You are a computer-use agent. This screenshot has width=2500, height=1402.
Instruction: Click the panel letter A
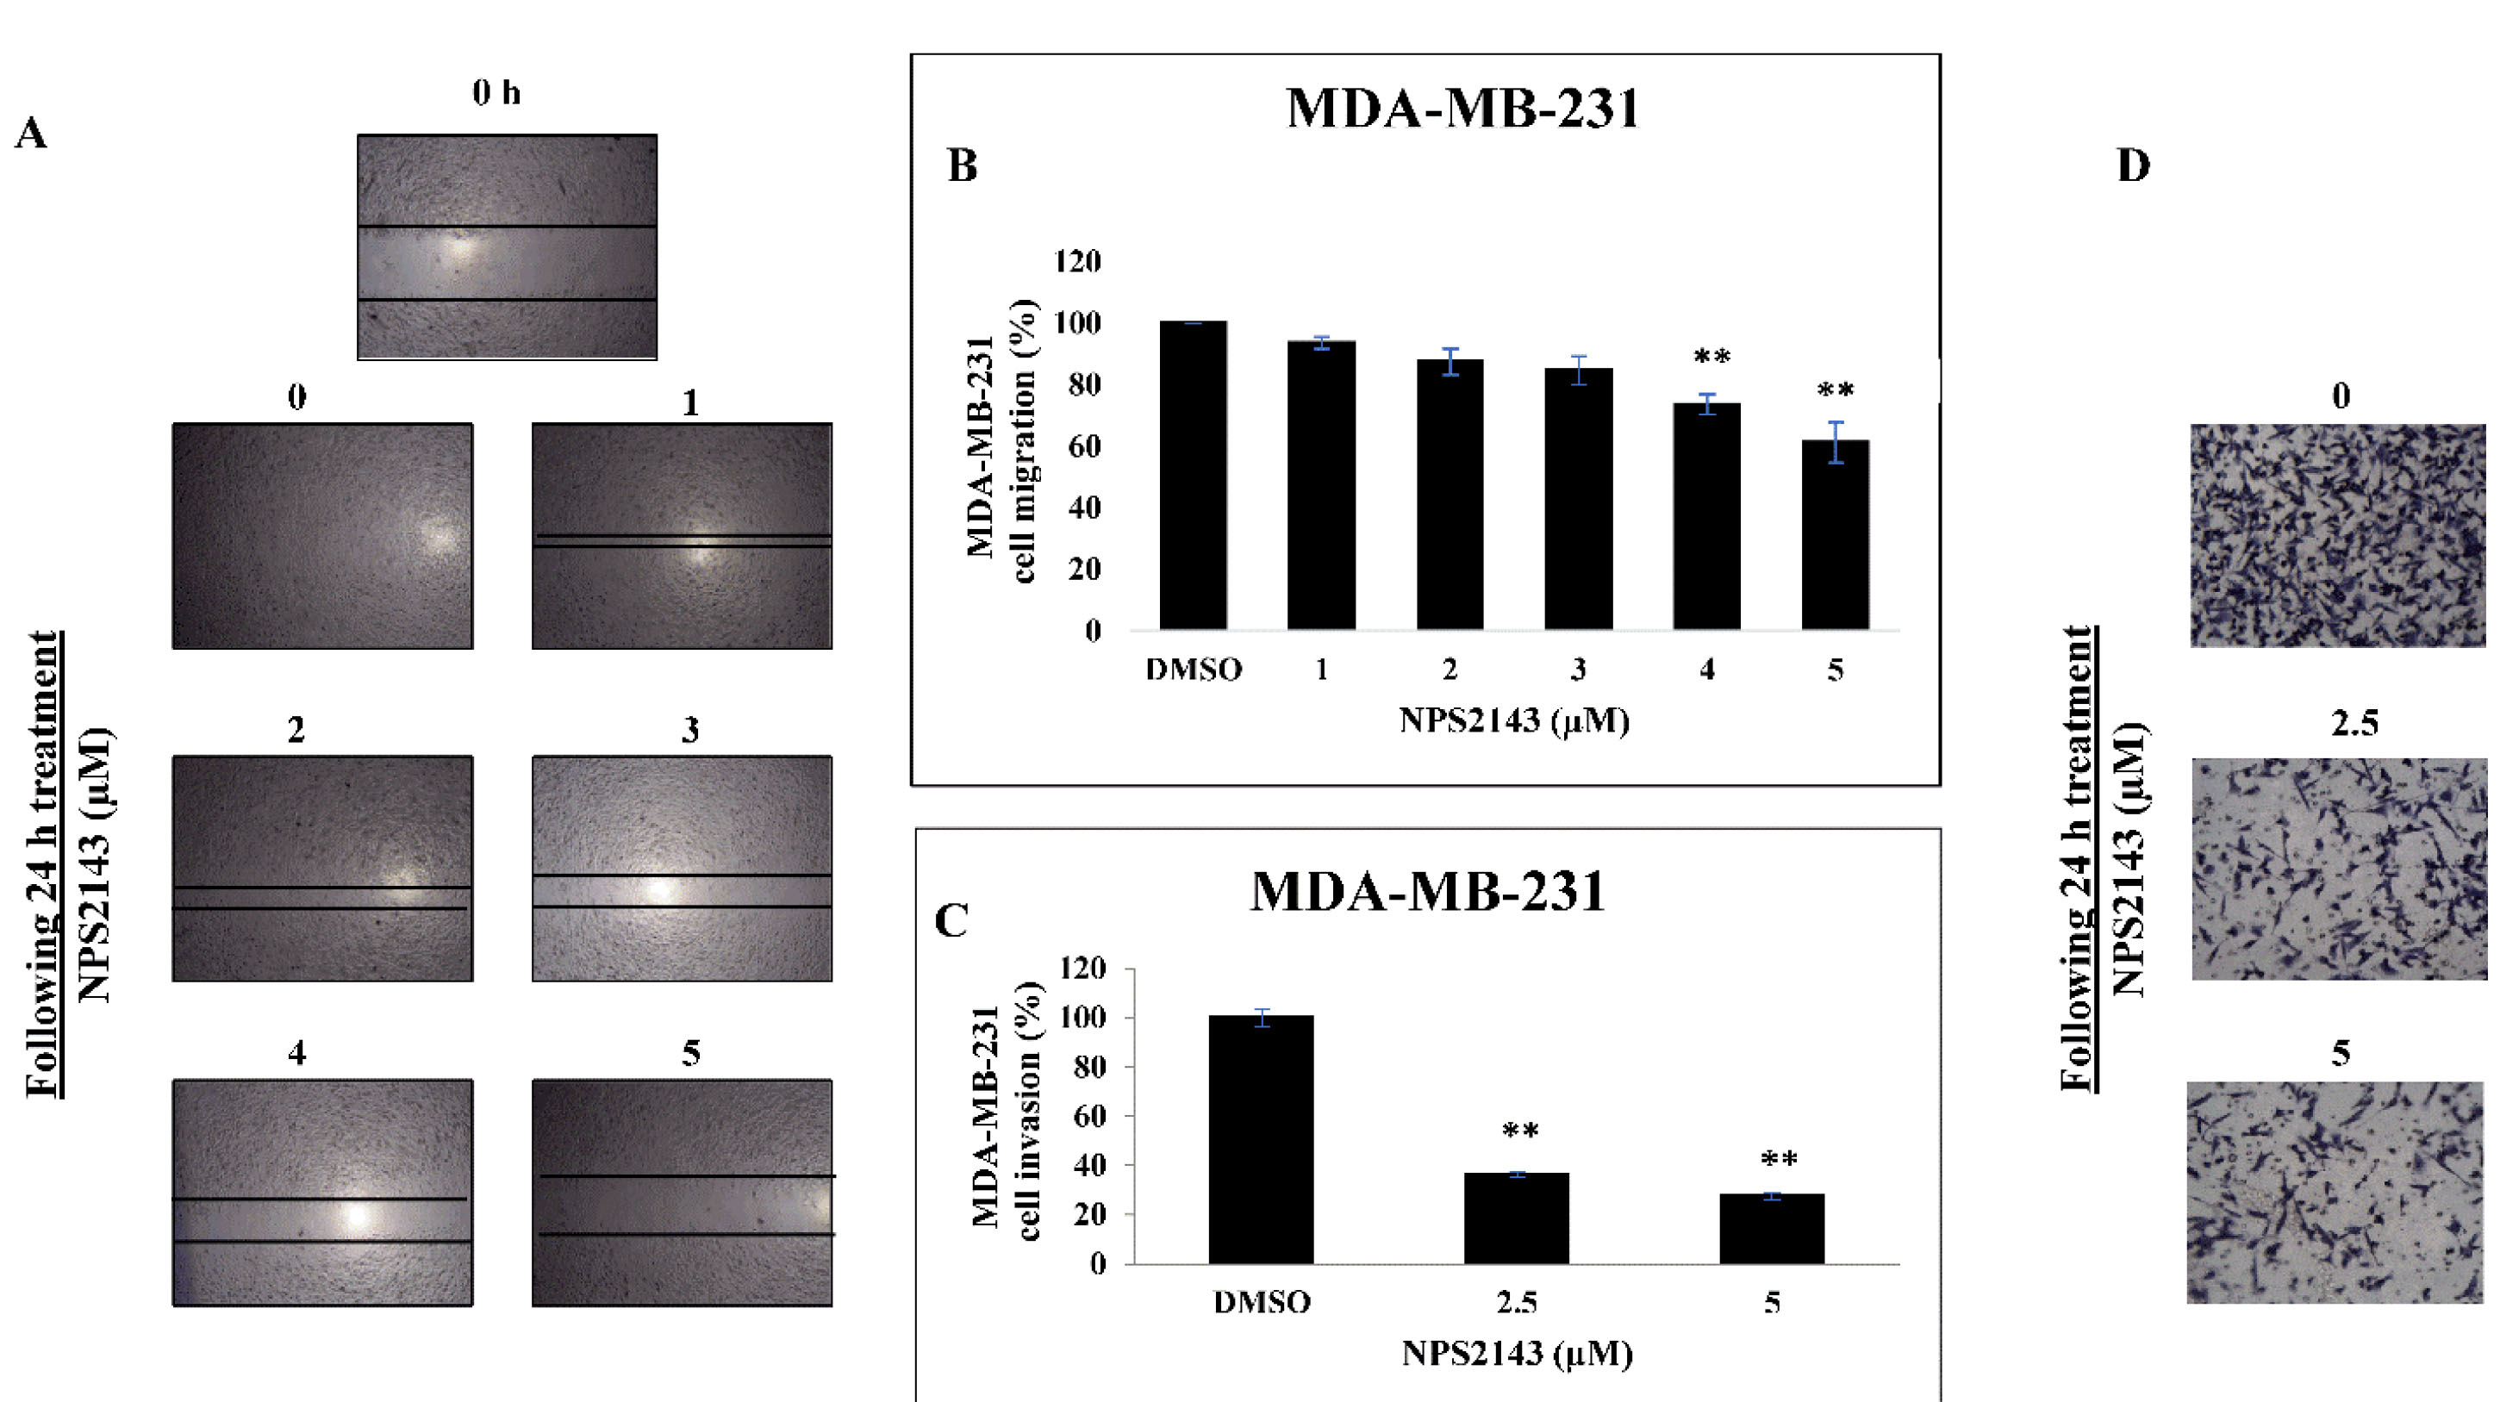click(x=30, y=134)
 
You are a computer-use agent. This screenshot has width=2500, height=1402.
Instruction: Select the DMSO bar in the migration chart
click(x=1193, y=476)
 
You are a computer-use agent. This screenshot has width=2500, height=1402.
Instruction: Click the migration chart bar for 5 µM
click(x=1834, y=534)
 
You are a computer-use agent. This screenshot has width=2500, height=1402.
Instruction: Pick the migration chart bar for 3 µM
click(x=1578, y=499)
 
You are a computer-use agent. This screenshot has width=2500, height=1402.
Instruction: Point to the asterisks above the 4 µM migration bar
click(x=1712, y=357)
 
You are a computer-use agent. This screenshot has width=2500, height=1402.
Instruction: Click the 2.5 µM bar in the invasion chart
click(x=1516, y=1218)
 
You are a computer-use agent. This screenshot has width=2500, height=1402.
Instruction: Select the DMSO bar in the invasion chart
click(x=1261, y=1139)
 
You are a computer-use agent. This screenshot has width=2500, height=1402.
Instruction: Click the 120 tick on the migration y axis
click(x=1077, y=261)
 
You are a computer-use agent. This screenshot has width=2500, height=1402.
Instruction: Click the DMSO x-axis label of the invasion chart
click(x=1262, y=1301)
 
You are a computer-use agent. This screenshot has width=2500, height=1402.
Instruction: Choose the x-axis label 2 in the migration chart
click(x=1449, y=670)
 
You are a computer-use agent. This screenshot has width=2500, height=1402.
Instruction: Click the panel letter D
click(x=2133, y=166)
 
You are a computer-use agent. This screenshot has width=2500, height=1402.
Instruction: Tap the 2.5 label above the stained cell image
click(x=2354, y=724)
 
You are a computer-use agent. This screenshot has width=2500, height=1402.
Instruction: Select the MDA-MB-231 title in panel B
click(x=1462, y=108)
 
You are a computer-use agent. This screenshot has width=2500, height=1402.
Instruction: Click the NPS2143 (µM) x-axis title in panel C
click(x=1517, y=1353)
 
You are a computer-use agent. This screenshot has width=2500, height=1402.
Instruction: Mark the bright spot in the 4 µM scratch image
click(x=356, y=1215)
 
